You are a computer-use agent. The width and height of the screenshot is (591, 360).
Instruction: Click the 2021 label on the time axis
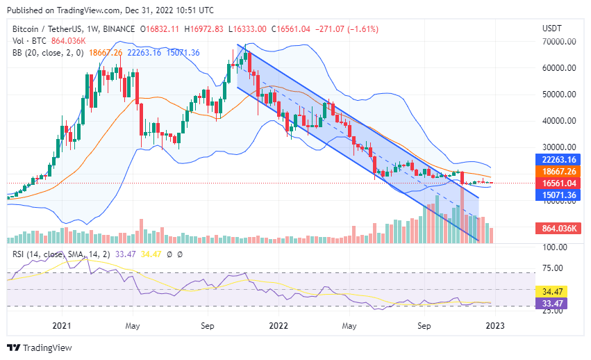point(63,325)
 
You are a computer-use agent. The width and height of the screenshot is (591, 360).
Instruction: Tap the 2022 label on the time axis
point(278,325)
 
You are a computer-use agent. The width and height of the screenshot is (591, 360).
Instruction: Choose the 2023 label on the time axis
point(494,325)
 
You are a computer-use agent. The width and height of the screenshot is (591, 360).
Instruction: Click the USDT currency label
point(553,28)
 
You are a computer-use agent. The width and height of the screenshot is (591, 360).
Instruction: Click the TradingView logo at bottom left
point(40,347)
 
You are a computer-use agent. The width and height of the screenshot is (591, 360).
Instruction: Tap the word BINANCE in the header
point(118,29)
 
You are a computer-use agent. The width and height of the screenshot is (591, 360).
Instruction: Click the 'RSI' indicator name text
point(19,254)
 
